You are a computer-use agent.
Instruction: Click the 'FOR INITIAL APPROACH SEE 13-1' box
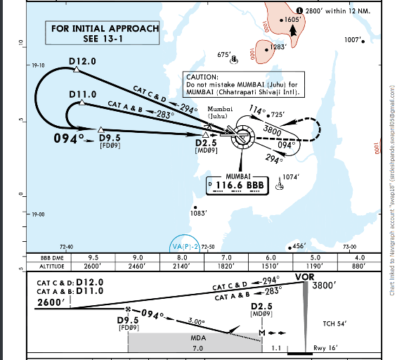pos(105,33)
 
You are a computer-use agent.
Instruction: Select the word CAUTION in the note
pos(202,76)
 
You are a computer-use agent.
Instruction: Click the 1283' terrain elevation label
pos(278,47)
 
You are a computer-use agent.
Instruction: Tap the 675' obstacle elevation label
pos(224,54)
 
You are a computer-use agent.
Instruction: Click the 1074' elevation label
pos(292,177)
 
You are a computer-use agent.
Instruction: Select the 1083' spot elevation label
pos(199,212)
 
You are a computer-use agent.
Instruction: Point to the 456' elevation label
pos(299,246)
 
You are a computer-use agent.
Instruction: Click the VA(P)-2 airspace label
pos(186,246)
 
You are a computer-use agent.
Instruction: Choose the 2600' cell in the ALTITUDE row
pos(92,267)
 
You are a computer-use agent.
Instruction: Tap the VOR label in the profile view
pos(304,276)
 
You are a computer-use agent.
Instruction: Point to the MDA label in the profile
pos(197,337)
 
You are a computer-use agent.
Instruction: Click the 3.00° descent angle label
pos(199,321)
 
